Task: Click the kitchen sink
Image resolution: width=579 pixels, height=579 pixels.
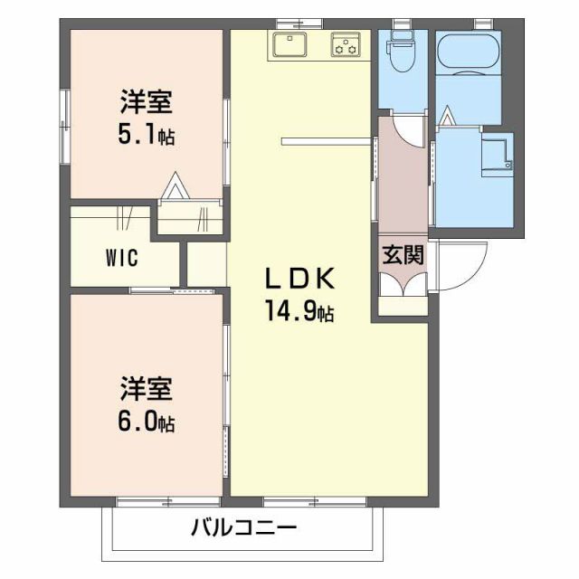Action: coord(289,43)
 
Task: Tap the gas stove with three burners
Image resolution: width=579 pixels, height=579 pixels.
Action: coord(346,43)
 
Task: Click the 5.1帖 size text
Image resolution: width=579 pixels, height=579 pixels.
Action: coord(144,136)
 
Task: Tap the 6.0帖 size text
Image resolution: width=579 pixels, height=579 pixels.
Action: coord(145,421)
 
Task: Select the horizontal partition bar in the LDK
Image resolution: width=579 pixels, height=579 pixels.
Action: coord(326,140)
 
